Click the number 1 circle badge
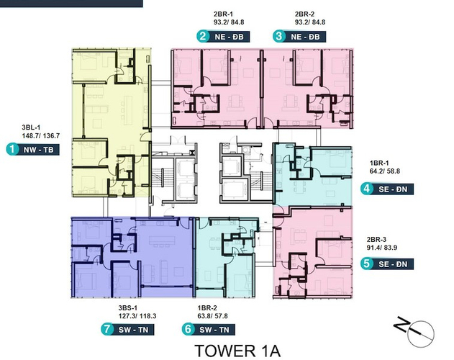click(12, 149)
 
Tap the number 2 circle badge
click(203, 36)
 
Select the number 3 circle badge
click(279, 36)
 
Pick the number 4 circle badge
click(366, 189)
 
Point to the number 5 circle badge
click(366, 264)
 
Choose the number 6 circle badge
click(188, 329)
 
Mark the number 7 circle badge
click(106, 329)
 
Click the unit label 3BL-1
click(31, 127)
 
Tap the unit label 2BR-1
click(223, 14)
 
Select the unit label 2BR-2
click(304, 14)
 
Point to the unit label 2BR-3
click(376, 240)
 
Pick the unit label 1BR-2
click(207, 308)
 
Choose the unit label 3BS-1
click(127, 308)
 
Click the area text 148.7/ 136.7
click(41, 135)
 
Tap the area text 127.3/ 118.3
click(137, 316)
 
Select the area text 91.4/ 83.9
click(382, 248)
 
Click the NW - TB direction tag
click(39, 150)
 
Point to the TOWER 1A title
click(237, 351)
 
